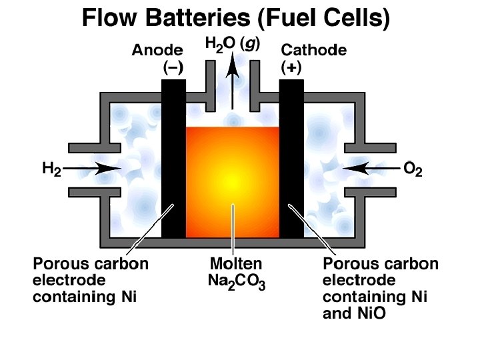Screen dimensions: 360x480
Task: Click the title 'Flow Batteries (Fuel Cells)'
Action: [x=235, y=17]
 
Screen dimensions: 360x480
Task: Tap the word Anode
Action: [x=157, y=51]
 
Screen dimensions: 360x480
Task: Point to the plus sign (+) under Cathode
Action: [x=291, y=67]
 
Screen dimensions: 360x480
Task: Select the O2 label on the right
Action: [x=413, y=169]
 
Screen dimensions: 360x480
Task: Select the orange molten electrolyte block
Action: [x=232, y=180]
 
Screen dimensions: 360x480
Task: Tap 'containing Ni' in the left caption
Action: [x=85, y=297]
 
